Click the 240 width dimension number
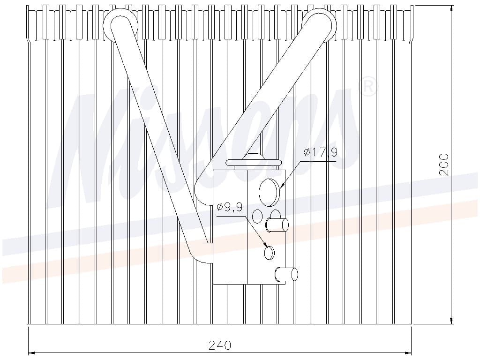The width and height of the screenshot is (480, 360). pos(219,345)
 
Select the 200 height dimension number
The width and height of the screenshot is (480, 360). pos(443,165)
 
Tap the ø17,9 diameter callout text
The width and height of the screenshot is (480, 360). pos(321,152)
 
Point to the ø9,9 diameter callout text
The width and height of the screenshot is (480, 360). pos(230,207)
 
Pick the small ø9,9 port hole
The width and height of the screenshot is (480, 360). pos(269,253)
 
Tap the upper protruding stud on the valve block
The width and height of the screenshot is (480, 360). pos(277,225)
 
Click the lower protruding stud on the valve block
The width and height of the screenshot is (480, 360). pos(286,274)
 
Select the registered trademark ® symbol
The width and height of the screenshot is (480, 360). pos(367,87)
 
